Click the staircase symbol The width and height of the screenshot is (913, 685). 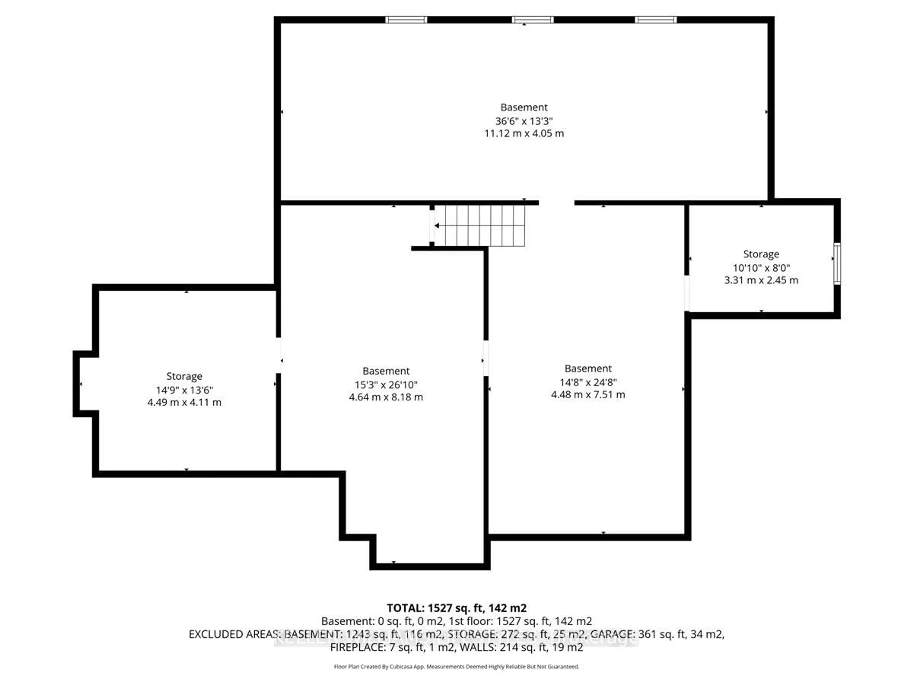[479, 226]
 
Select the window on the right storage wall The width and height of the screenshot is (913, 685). [837, 264]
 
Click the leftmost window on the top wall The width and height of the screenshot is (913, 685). [406, 20]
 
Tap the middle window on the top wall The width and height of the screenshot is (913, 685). [532, 20]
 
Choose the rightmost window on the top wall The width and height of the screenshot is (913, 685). [656, 20]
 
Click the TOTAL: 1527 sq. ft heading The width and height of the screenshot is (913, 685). [456, 608]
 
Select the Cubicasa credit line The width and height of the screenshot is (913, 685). [456, 666]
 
